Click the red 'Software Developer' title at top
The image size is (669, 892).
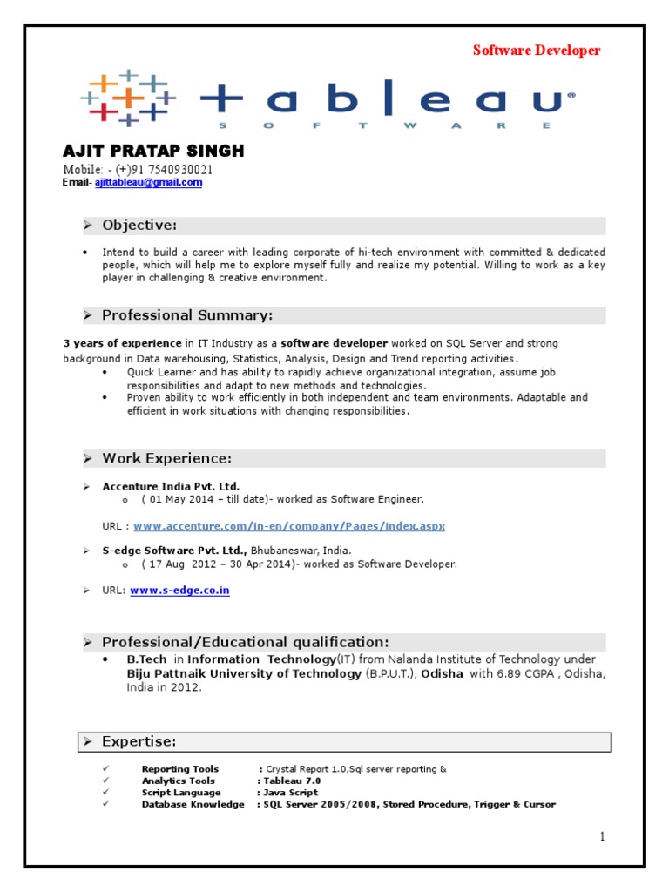point(537,51)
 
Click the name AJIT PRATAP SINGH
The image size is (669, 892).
point(153,152)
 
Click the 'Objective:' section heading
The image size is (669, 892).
point(139,226)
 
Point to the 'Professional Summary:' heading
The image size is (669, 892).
point(187,315)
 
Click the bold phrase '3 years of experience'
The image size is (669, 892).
point(123,343)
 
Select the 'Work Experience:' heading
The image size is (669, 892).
point(166,458)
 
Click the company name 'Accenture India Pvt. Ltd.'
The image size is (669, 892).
point(171,486)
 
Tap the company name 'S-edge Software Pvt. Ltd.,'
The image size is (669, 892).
point(175,551)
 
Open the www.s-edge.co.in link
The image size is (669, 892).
point(179,591)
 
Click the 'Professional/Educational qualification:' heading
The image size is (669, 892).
point(245,642)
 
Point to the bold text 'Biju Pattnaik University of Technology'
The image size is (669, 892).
point(244,673)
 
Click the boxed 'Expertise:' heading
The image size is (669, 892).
point(139,741)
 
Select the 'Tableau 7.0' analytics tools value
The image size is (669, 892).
point(292,781)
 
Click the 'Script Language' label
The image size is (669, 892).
point(181,793)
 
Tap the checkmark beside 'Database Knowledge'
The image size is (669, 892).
point(104,804)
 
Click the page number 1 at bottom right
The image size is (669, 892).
point(601,837)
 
